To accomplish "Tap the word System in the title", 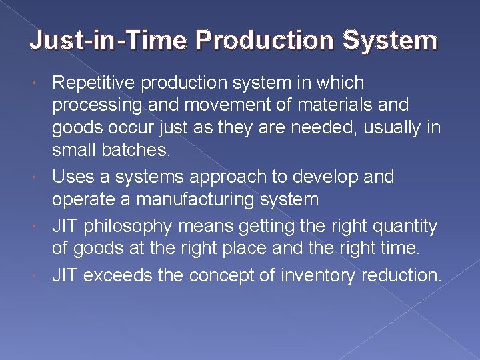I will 390,41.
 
